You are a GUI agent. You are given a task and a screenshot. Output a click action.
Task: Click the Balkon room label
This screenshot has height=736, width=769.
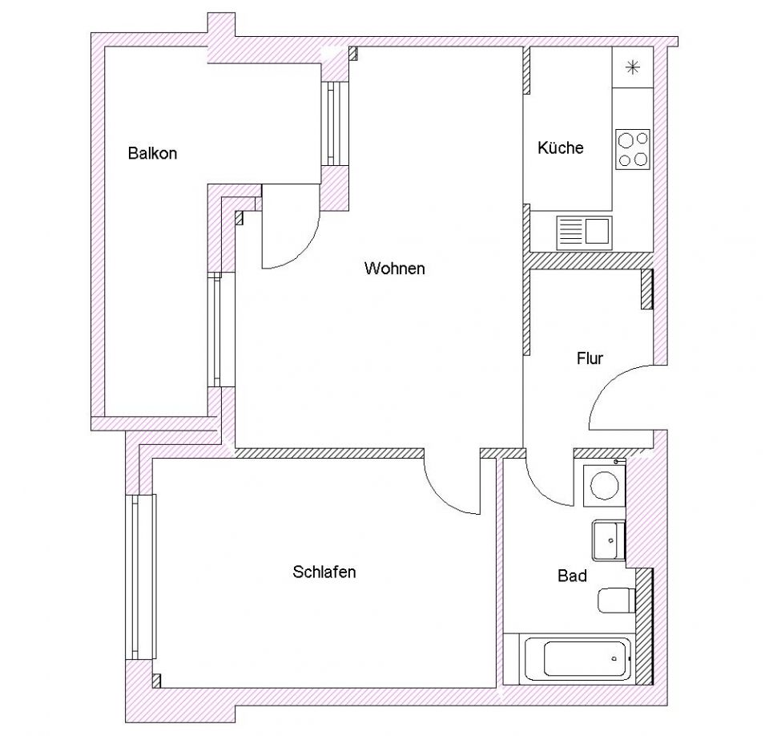pos(152,153)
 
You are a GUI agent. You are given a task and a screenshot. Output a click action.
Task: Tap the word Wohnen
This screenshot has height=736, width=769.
pos(394,269)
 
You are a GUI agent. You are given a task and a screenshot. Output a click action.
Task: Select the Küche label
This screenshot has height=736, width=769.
pos(561,148)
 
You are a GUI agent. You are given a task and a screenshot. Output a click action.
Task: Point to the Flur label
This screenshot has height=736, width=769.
pos(590,358)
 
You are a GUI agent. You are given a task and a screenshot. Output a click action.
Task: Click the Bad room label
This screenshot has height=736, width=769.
pos(572,576)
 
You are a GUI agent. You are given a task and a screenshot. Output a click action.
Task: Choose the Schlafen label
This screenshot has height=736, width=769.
pos(324,572)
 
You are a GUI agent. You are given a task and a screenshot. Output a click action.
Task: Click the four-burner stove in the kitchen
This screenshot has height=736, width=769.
pos(632,149)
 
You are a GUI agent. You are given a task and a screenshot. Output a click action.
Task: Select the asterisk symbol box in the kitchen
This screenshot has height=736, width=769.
pos(632,67)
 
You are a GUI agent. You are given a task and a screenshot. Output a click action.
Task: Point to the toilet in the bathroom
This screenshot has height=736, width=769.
pos(616,600)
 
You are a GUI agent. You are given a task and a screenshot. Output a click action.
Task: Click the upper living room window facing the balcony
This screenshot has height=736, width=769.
pos(333,122)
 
